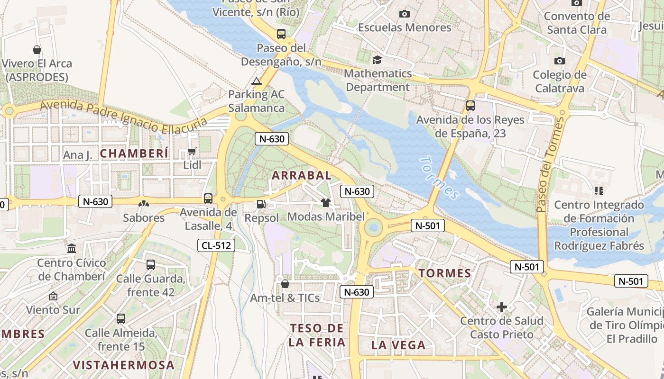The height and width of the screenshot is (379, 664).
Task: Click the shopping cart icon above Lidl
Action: click(192, 152)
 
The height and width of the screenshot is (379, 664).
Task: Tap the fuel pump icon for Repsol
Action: click(260, 204)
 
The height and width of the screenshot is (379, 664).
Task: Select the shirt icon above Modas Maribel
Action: click(325, 203)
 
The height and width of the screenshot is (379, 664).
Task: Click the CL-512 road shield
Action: click(216, 245)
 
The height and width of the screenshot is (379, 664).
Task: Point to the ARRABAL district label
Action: click(302, 175)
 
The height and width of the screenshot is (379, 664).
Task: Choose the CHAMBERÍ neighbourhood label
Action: click(134, 153)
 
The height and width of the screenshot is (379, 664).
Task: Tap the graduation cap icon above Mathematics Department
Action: click(377, 60)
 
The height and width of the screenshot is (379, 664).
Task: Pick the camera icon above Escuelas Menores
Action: click(405, 14)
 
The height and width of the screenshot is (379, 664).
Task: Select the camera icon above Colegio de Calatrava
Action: click(560, 61)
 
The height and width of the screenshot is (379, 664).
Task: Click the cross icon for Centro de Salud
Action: click(502, 307)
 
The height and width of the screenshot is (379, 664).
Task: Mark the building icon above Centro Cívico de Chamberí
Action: click(72, 249)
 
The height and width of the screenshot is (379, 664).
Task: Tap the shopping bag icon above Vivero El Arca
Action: click(37, 50)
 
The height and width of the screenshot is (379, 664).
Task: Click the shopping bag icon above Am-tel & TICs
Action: click(285, 284)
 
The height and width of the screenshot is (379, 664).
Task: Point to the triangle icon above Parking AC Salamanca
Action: click(257, 81)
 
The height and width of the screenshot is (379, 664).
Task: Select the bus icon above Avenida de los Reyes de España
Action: click(470, 106)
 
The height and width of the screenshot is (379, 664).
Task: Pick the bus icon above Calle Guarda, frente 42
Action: click(151, 265)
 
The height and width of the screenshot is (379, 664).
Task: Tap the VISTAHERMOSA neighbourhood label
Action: click(124, 365)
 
